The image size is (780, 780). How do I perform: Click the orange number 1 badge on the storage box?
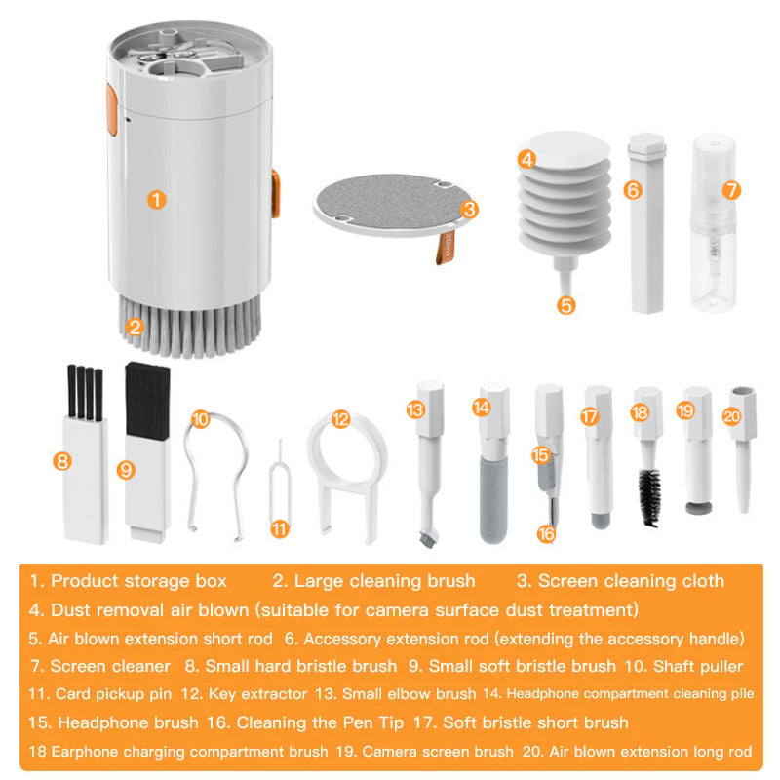click(x=157, y=200)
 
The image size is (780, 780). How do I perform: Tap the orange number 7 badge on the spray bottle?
click(x=731, y=190)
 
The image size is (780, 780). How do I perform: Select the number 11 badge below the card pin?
click(x=280, y=528)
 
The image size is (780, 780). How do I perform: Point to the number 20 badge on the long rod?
click(x=732, y=416)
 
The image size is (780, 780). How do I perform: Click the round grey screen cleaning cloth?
click(x=389, y=204)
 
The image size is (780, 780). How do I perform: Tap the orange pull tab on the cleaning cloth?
click(x=445, y=248)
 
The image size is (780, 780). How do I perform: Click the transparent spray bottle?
click(x=715, y=223)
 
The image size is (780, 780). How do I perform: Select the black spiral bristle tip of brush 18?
click(x=650, y=497)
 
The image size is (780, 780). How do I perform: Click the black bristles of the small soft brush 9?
click(x=147, y=400)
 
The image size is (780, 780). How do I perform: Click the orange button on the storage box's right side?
click(x=276, y=193)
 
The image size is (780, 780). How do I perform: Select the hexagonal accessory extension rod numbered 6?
click(x=646, y=223)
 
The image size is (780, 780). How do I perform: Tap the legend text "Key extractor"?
click(x=257, y=694)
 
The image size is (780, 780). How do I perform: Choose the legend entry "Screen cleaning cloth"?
click(x=631, y=580)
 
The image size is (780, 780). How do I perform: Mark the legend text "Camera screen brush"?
click(x=438, y=751)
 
